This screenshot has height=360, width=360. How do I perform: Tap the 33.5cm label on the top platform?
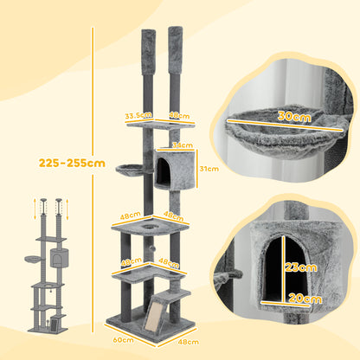coord(135,113)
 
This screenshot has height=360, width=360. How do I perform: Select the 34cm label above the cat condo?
coord(182,145)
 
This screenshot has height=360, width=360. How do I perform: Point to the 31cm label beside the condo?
coord(209,169)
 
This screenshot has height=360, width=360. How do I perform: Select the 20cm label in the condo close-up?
coord(299,299)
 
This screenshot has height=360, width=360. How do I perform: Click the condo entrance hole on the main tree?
coord(164,173)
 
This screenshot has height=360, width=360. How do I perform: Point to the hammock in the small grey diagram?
coord(33,260)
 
